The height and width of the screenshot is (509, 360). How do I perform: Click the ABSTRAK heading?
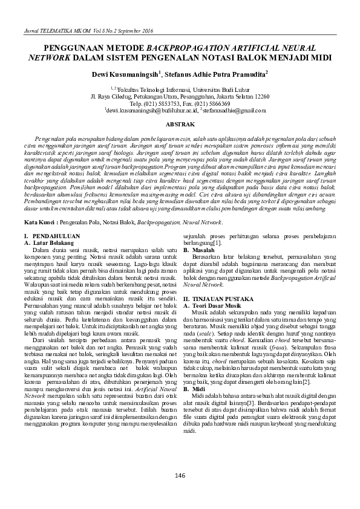pyautogui.click(x=180, y=124)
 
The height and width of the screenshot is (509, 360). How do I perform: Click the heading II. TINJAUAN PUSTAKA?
pyautogui.click(x=217, y=299)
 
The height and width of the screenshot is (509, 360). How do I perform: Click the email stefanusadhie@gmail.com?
pyautogui.click(x=223, y=111)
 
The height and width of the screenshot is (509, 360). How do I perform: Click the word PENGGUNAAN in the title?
pyautogui.click(x=73, y=47)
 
